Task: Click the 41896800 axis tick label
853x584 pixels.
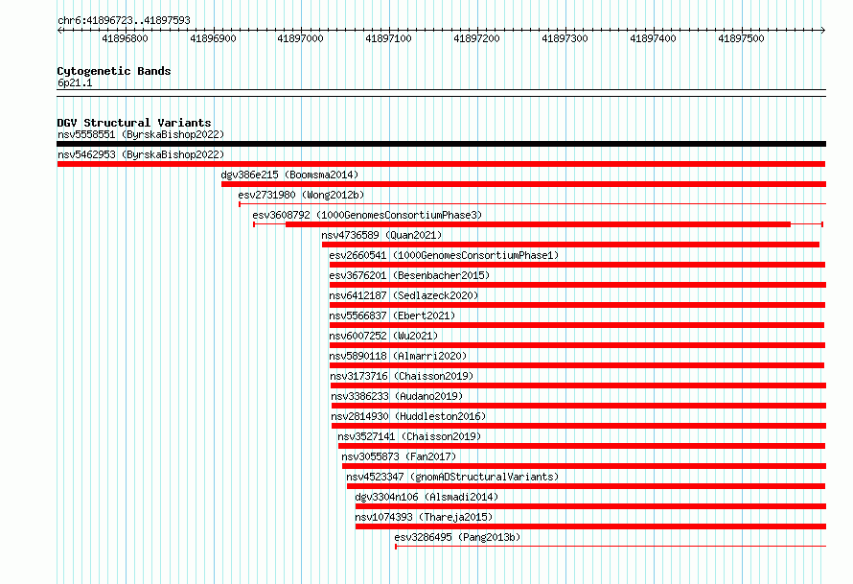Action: (125, 38)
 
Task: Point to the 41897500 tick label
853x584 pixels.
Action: (741, 38)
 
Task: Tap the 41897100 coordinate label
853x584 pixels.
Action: (388, 38)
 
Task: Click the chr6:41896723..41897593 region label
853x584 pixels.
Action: (124, 21)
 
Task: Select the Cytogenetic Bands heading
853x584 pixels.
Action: (114, 71)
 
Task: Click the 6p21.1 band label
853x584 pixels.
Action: (75, 82)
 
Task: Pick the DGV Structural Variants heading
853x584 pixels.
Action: (134, 123)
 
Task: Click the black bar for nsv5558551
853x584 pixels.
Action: (441, 144)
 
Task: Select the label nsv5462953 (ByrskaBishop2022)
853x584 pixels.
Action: (141, 154)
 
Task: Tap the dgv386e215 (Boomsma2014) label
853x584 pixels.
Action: (289, 175)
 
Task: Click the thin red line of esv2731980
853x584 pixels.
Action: (533, 204)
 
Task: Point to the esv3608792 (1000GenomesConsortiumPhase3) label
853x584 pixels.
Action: (367, 215)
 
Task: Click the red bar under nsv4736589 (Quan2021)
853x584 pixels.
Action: (570, 245)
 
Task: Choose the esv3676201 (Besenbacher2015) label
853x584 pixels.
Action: (409, 275)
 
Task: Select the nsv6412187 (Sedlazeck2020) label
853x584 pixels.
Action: (403, 295)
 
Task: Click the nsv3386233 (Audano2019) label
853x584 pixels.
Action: (397, 396)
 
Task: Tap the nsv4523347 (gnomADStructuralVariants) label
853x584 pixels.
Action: (452, 477)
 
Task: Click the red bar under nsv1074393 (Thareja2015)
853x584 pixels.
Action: (590, 526)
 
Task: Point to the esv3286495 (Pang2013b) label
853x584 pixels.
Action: (457, 537)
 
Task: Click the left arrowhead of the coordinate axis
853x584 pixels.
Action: (58, 31)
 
